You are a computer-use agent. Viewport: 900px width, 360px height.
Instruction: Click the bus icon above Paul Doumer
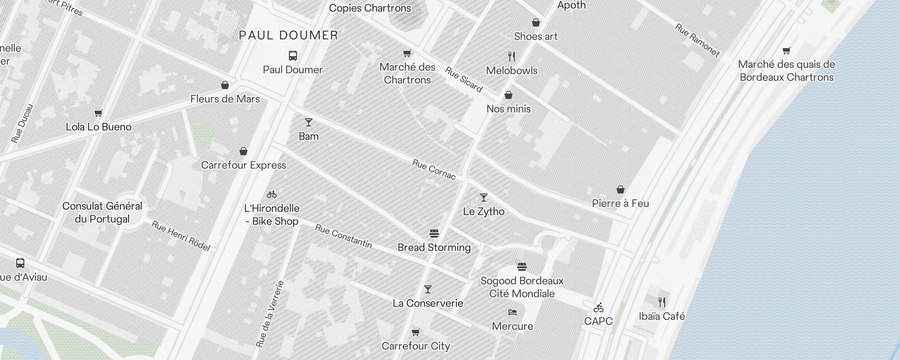tap(293, 56)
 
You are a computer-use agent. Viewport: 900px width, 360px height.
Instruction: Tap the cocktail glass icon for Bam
tap(308, 122)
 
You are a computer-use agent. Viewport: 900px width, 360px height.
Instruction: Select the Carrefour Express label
tap(243, 165)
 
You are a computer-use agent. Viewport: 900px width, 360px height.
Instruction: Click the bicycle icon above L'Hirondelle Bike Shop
tap(272, 194)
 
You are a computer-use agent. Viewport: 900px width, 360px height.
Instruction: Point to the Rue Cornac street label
tap(434, 169)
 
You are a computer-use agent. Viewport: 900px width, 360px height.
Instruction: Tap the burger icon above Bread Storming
tap(434, 234)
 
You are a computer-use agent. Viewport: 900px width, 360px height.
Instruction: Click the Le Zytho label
tap(484, 211)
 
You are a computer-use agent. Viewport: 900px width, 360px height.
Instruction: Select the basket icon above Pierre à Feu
tap(621, 189)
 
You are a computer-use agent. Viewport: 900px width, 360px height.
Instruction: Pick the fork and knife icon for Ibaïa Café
tap(662, 302)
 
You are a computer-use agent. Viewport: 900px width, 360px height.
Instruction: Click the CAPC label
tap(598, 321)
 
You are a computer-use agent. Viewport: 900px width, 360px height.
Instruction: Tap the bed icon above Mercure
tap(513, 312)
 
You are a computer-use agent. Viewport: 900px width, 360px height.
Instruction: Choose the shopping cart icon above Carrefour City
tap(416, 333)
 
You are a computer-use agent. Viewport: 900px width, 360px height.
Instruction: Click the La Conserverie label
tap(428, 303)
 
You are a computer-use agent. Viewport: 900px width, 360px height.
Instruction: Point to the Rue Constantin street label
tap(343, 236)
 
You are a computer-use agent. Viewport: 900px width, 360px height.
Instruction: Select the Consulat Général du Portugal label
tap(102, 213)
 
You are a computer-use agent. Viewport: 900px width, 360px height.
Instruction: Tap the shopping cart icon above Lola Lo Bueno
tap(99, 113)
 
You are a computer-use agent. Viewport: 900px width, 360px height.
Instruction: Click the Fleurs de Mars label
tap(225, 99)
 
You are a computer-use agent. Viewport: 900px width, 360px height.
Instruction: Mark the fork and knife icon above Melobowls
tap(512, 57)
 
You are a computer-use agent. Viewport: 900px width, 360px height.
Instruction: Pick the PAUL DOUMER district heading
tap(288, 36)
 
